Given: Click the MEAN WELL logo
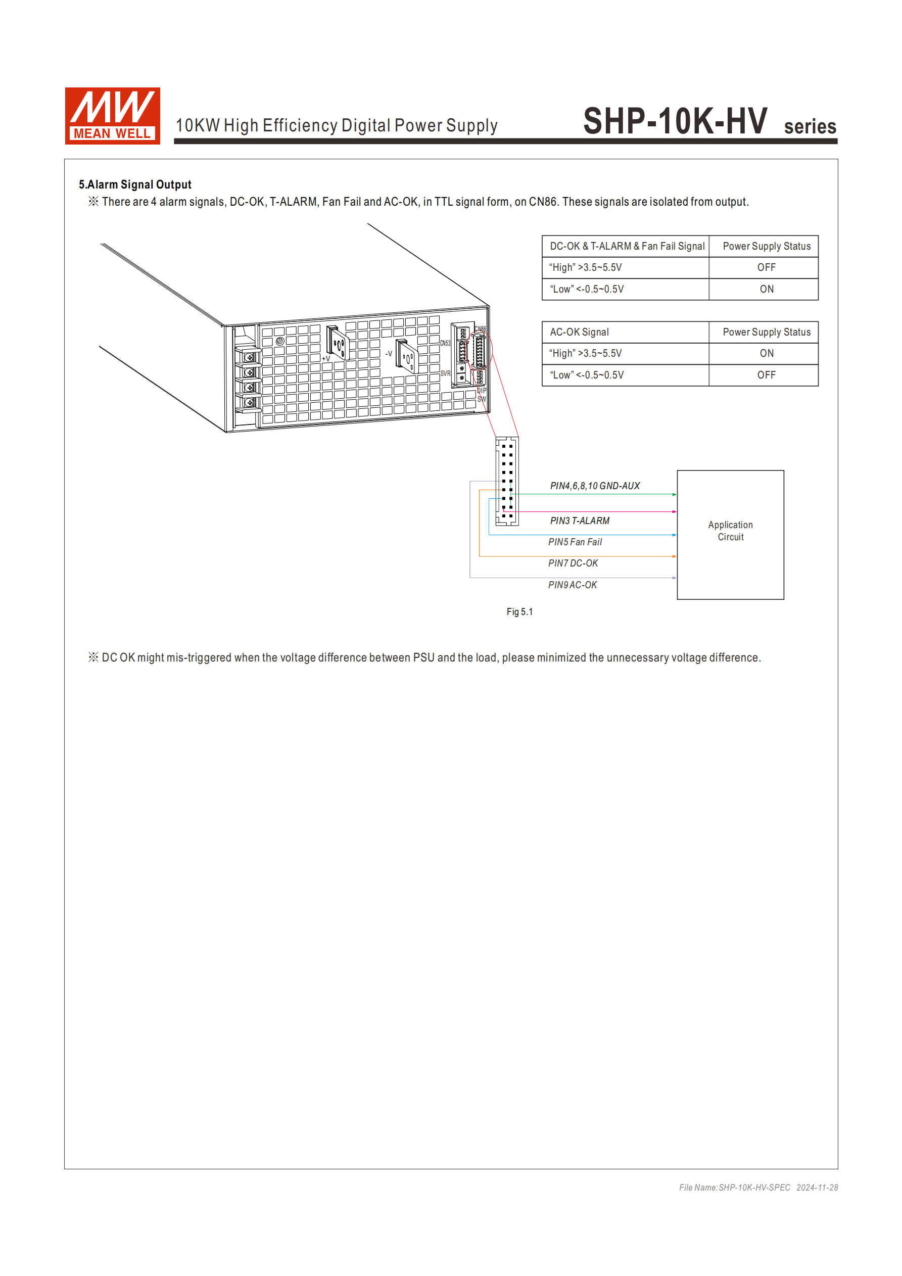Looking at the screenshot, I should click(112, 116).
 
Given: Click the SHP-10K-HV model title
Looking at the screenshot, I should click(675, 121).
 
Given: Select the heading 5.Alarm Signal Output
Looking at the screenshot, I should click(135, 184).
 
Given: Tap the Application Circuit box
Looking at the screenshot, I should click(730, 534).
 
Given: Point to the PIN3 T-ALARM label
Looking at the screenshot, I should click(579, 521).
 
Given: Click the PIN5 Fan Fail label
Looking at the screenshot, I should click(575, 542).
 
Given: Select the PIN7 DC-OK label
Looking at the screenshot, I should click(573, 563).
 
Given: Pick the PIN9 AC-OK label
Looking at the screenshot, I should click(573, 585).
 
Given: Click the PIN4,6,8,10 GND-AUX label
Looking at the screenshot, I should click(595, 486).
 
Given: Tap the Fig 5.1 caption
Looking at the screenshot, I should click(519, 612).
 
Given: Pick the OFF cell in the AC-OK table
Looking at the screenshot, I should click(766, 375).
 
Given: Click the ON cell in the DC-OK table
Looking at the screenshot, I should click(766, 289).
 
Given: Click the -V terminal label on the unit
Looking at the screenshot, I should click(389, 353).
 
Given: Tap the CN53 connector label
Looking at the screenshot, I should click(445, 343).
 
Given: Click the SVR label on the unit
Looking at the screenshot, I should click(445, 373).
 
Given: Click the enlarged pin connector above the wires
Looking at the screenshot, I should click(507, 481).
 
